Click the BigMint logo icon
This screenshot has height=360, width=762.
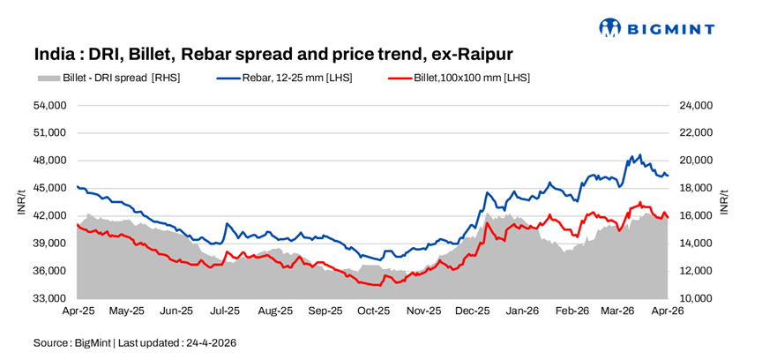[609, 28]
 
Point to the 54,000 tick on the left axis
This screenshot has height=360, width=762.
[49, 105]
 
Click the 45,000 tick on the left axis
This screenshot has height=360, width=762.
[49, 188]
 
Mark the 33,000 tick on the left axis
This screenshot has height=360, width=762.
[49, 298]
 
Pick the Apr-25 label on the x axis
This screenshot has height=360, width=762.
[78, 311]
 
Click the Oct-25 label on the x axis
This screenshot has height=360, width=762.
[374, 311]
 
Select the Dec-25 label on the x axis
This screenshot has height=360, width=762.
[473, 311]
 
